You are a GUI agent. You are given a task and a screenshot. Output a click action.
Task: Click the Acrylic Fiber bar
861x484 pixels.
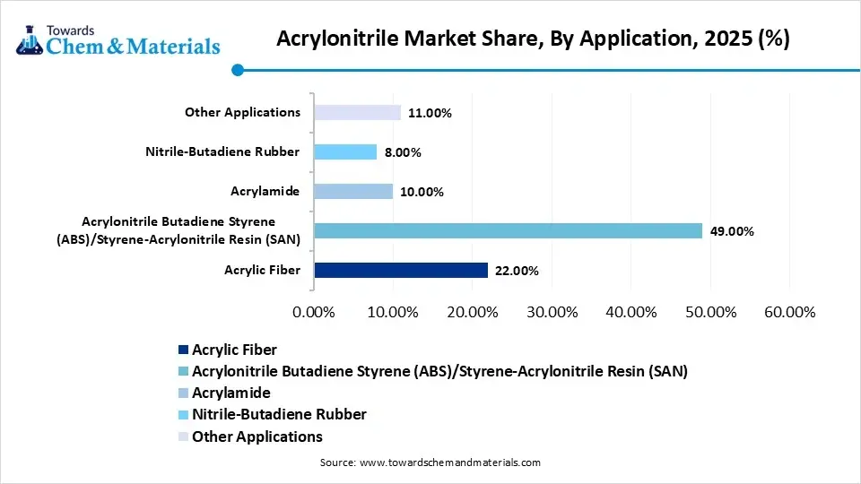click(x=400, y=270)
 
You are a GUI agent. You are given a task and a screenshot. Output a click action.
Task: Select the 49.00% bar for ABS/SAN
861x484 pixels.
click(x=508, y=230)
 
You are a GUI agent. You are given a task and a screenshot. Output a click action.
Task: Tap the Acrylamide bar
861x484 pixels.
click(x=353, y=191)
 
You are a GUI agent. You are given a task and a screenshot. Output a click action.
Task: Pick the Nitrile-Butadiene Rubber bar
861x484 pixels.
click(x=345, y=151)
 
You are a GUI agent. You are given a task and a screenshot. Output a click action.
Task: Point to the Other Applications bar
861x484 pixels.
click(x=357, y=112)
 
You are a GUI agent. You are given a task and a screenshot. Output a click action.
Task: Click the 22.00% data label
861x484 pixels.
click(x=517, y=271)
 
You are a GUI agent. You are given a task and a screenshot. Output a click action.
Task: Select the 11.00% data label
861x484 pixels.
click(x=430, y=113)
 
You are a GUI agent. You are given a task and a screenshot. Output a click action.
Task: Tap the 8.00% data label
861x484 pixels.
click(x=403, y=152)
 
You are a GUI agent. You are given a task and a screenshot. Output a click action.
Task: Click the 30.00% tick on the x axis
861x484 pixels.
click(x=552, y=312)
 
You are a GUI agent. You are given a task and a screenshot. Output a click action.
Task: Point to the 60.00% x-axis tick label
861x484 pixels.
click(x=789, y=312)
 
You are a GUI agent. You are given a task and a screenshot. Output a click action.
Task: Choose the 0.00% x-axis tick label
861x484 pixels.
click(x=314, y=312)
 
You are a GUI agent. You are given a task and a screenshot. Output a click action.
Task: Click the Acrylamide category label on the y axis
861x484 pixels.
click(x=265, y=191)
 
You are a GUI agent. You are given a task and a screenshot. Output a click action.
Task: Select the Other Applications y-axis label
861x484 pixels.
click(x=242, y=112)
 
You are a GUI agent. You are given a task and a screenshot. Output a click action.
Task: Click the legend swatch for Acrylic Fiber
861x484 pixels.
click(x=185, y=350)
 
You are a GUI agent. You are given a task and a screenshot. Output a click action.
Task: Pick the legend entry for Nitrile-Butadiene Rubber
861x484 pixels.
click(x=279, y=414)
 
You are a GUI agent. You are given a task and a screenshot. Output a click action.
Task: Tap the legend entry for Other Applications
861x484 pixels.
click(x=257, y=436)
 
